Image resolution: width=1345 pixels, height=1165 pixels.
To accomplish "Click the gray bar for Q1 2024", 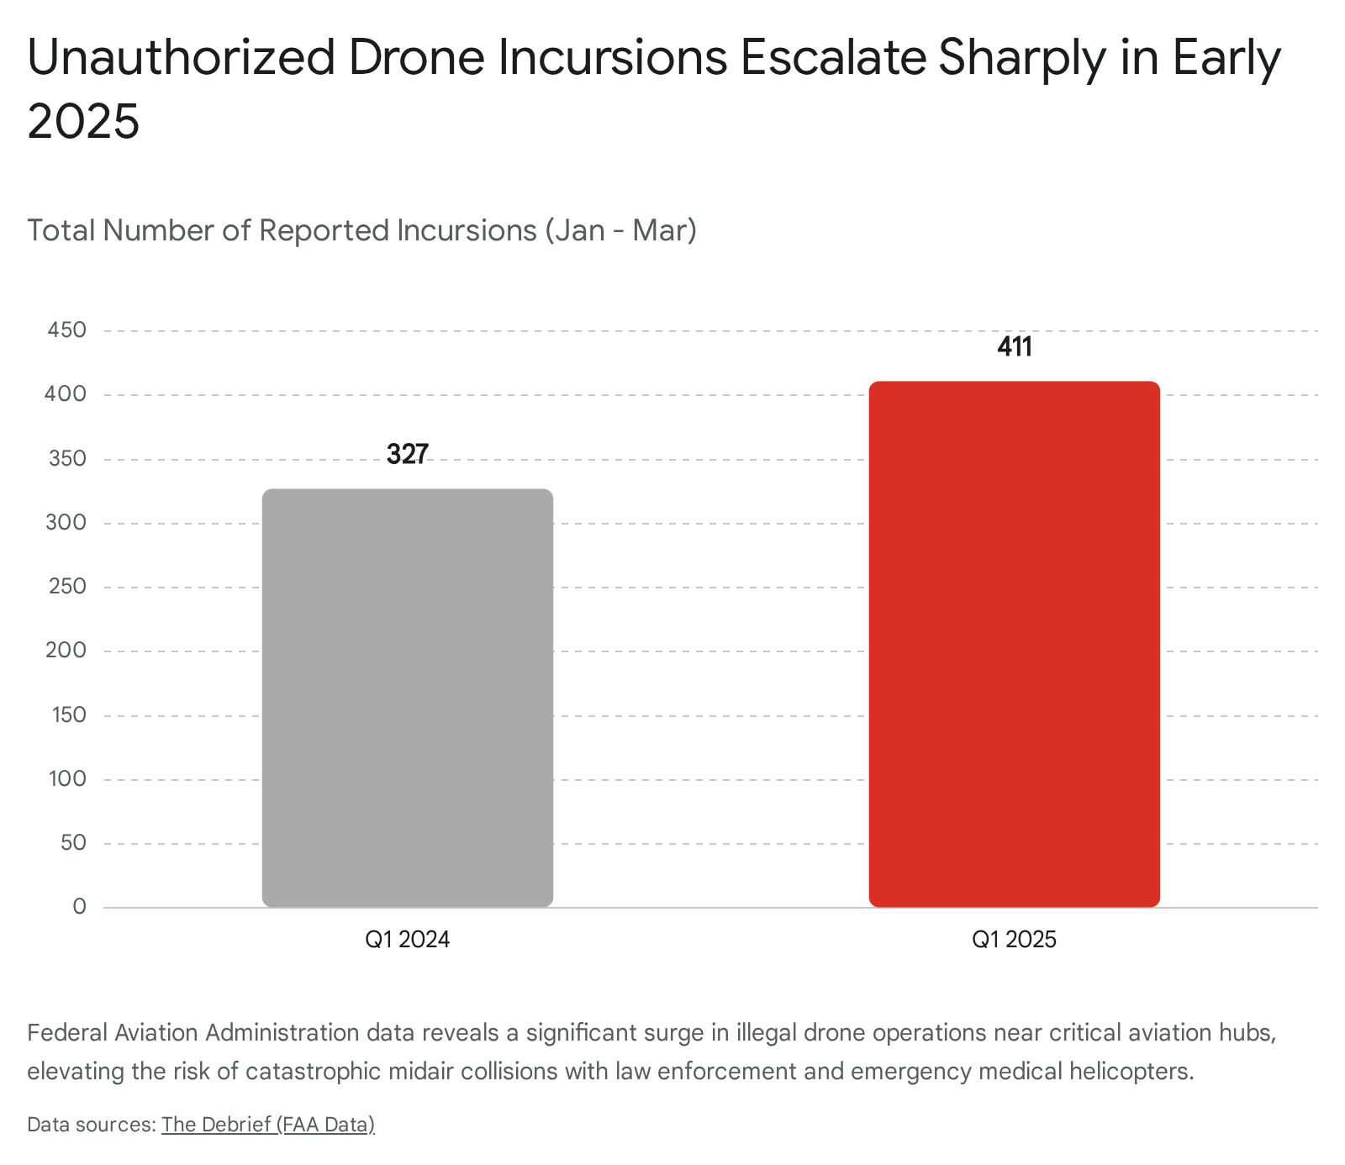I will (408, 698).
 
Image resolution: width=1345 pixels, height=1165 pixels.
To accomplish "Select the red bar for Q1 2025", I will (1014, 644).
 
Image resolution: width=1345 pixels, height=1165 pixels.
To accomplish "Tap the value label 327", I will (408, 455).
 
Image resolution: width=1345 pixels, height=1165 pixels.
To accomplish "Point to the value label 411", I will (1014, 347).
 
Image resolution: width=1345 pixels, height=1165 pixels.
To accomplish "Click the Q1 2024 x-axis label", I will (408, 939).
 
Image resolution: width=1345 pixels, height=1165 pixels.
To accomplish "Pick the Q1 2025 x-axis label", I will (1014, 939).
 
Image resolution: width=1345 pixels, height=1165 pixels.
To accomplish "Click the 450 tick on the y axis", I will (67, 330).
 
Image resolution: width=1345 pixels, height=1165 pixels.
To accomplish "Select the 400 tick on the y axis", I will (67, 394).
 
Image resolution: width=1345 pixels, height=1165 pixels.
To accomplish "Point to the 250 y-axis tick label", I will (67, 587).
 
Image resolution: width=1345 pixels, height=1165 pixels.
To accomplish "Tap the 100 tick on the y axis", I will (67, 778).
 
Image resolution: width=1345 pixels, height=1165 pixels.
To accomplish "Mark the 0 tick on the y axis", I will (79, 907).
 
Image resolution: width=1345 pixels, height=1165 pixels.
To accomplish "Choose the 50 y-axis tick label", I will (73, 842).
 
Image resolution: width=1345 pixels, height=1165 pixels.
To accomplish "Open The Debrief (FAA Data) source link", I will (267, 1125).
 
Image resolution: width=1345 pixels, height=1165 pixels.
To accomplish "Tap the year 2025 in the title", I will (83, 122).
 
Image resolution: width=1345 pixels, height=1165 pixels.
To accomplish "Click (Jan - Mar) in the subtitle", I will (620, 230).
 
